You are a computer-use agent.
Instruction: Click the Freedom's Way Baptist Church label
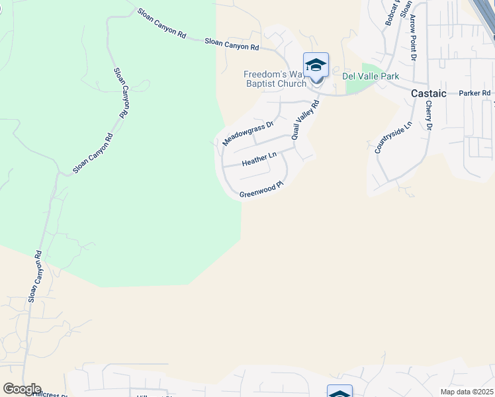[275, 79]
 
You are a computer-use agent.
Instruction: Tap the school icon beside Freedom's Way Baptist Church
[316, 66]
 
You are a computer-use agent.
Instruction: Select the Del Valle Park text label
[371, 76]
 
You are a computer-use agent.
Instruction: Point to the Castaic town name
[428, 94]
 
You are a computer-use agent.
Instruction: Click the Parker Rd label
[474, 93]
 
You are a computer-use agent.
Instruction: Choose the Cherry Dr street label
[429, 115]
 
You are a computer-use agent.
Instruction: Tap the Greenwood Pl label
[261, 190]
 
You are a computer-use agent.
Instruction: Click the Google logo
[21, 389]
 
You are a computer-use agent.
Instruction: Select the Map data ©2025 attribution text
[467, 392]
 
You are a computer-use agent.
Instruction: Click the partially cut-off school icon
[339, 392]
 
